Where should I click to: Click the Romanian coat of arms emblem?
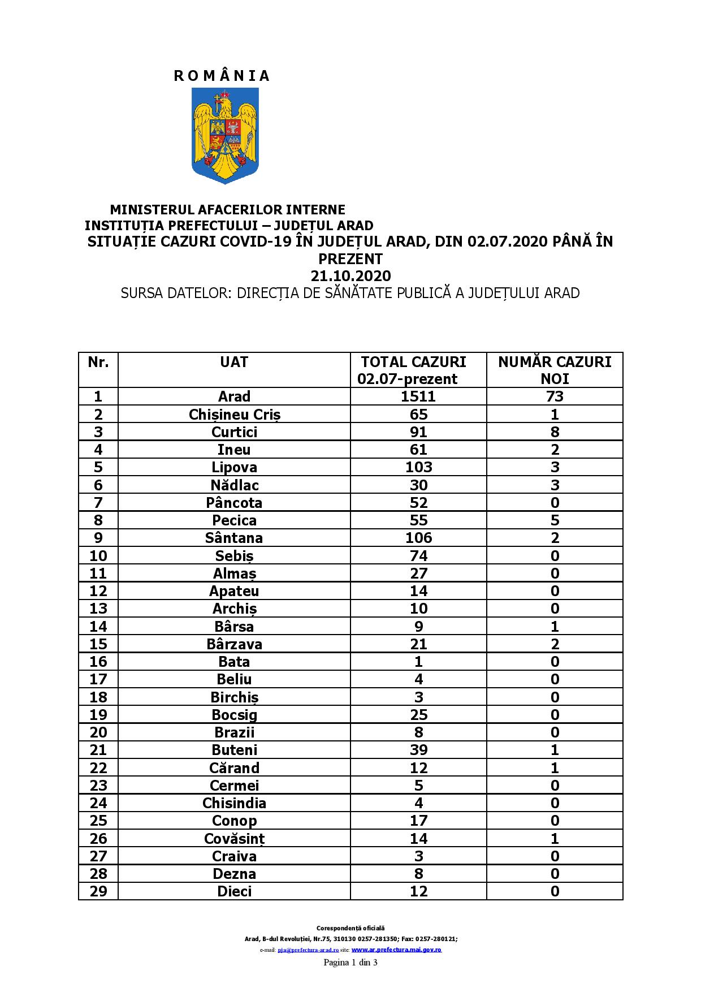[x=226, y=135]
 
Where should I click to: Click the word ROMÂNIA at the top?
[x=222, y=76]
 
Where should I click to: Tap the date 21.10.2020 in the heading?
[x=350, y=276]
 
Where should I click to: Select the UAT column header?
[x=234, y=362]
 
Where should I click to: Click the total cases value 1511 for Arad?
[x=418, y=396]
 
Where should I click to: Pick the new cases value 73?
[x=555, y=396]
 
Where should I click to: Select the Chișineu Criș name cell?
[x=234, y=415]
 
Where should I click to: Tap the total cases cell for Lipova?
[x=418, y=467]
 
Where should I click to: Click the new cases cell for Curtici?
[x=555, y=432]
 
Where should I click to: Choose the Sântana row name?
[x=234, y=538]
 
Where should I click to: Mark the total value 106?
[x=418, y=538]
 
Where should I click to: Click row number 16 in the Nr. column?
[x=98, y=662]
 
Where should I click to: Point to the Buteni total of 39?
[x=418, y=750]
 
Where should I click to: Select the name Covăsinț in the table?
[x=234, y=839]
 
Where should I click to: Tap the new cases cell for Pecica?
[x=555, y=520]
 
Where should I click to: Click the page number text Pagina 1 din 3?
[x=350, y=963]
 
